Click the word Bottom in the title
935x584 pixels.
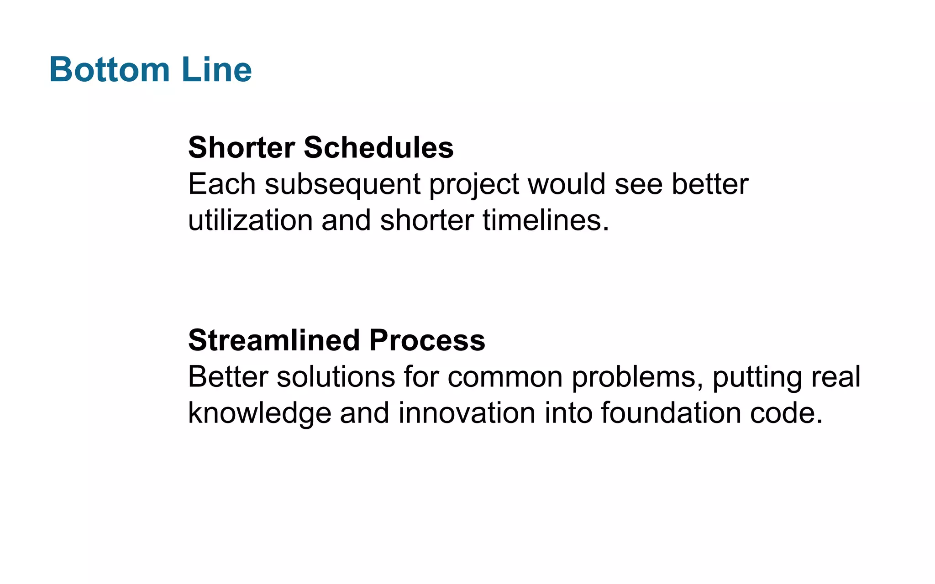click(109, 70)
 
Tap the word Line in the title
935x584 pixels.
click(216, 70)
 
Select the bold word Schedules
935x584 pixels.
click(378, 148)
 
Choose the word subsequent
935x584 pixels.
click(342, 185)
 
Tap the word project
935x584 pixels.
click(473, 185)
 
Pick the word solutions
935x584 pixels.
click(336, 377)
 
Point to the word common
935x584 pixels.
click(505, 378)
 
